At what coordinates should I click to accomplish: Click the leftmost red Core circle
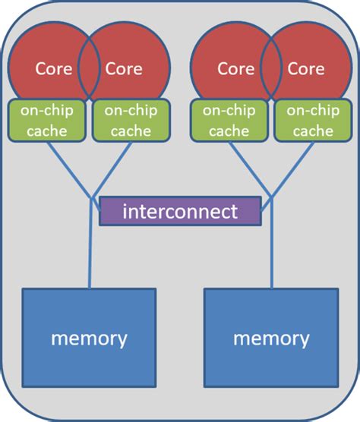(x=46, y=65)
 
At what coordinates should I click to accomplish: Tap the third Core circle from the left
(x=228, y=65)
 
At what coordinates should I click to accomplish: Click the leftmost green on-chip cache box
(x=47, y=120)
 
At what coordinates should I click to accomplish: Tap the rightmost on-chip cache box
(x=311, y=120)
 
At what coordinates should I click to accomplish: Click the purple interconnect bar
(x=180, y=211)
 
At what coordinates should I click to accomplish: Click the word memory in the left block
(x=89, y=338)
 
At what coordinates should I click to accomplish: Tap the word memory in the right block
(x=271, y=338)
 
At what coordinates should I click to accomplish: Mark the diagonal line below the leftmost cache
(x=68, y=168)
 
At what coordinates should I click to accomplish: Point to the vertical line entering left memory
(x=90, y=258)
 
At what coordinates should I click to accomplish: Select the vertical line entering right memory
(x=271, y=258)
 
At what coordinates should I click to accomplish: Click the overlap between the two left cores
(x=89, y=68)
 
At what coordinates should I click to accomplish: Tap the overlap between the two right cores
(x=270, y=68)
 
